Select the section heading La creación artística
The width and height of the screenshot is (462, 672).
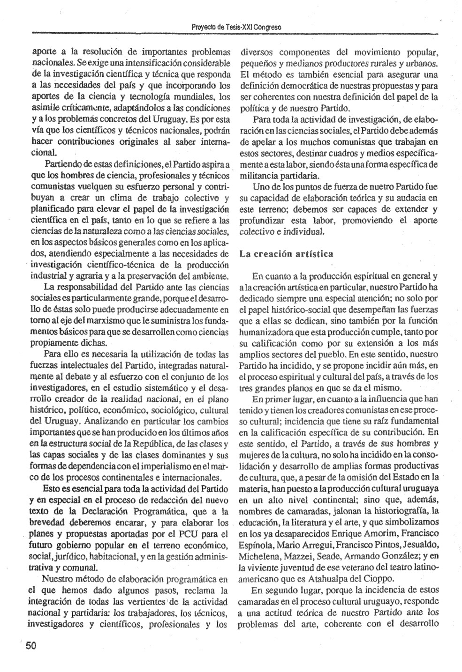286,254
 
